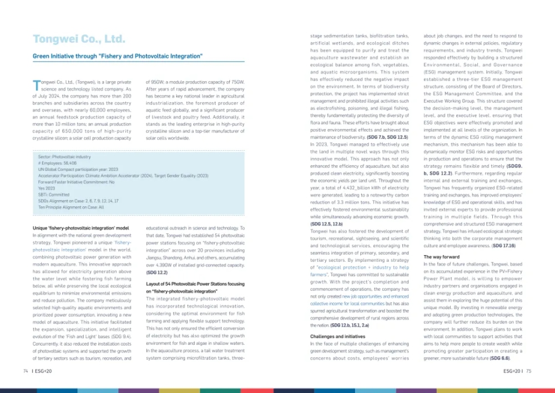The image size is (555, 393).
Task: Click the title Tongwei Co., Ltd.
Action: point(79,39)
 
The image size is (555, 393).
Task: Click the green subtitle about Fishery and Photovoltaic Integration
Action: point(117,56)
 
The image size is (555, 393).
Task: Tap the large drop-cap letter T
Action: point(37,84)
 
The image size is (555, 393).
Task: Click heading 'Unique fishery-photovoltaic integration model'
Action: point(81,228)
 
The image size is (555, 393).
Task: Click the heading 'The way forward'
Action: point(441,257)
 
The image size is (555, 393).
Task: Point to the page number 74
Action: point(26,370)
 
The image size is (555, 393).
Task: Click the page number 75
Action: point(528,370)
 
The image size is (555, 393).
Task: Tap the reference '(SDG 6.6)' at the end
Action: point(500,358)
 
